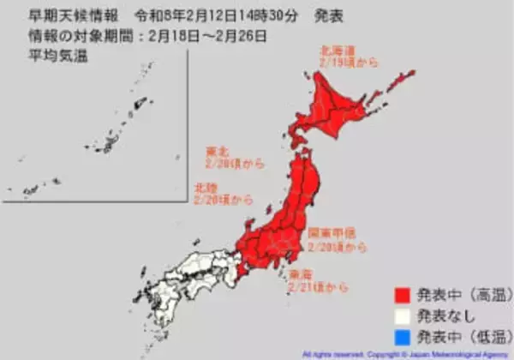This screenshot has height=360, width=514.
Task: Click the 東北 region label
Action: tap(217, 150)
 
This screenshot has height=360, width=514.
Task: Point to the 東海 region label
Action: tap(301, 275)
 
